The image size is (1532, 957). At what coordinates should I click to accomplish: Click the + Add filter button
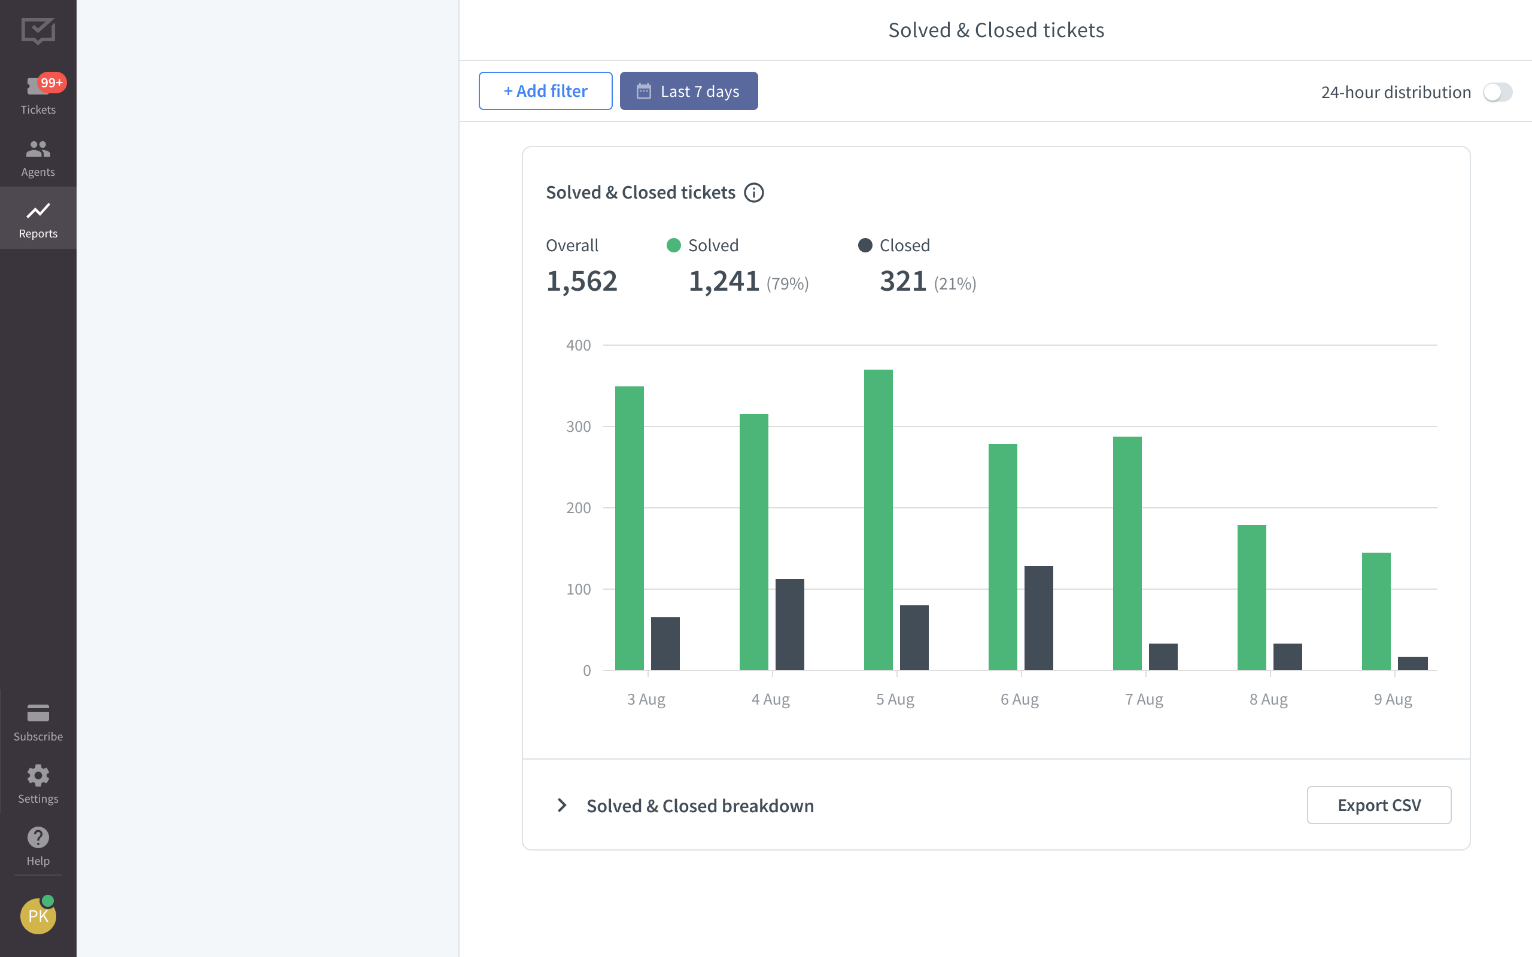coord(545,91)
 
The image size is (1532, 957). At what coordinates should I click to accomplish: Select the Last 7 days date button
coord(688,91)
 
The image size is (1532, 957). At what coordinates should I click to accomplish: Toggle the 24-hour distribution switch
coord(1497,92)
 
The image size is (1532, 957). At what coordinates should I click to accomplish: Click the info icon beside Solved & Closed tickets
coord(753,193)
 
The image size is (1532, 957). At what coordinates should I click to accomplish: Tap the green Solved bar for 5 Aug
coord(878,519)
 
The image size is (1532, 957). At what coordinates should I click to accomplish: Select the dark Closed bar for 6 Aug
coord(1038,618)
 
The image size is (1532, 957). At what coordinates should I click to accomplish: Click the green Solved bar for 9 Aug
coord(1376,611)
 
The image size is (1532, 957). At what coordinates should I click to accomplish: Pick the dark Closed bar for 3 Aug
coord(665,643)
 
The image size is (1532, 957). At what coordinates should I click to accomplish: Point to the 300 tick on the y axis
coord(578,426)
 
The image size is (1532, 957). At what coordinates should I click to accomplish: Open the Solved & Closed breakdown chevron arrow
coord(561,805)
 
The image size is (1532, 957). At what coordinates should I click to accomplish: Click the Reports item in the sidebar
coord(38,218)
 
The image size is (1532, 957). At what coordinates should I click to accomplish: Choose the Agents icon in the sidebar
coord(38,150)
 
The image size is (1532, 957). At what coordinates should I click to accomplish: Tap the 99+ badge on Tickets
coord(51,83)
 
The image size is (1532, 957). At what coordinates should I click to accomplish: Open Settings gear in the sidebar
coord(38,776)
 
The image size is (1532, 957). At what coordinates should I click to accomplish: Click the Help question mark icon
coord(38,837)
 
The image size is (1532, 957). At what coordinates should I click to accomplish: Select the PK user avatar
coord(38,916)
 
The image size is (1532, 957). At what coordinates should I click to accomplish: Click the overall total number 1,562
coord(581,281)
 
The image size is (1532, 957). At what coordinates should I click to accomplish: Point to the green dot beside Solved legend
coord(674,246)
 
